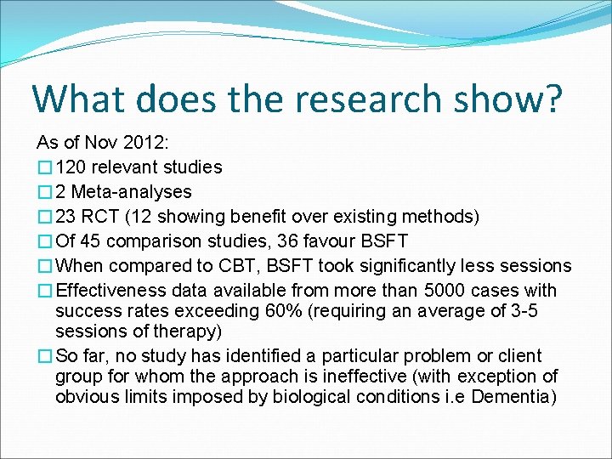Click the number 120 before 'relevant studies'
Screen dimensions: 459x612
tap(71, 167)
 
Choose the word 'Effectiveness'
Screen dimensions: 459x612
tap(110, 291)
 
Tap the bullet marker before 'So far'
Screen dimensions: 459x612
tap(45, 356)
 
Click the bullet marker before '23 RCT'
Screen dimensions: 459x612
tap(45, 217)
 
